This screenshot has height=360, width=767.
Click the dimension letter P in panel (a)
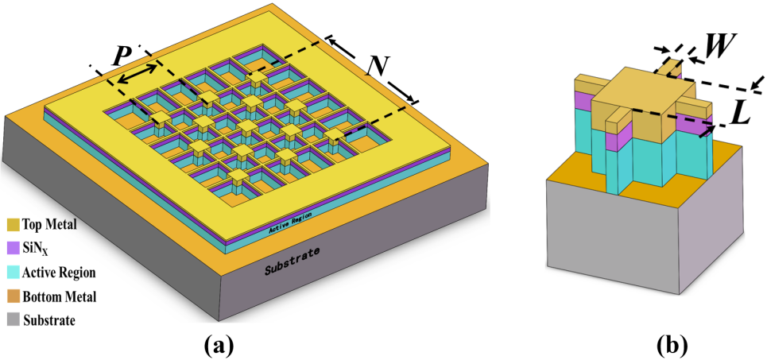click(122, 56)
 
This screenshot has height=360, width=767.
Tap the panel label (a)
click(219, 344)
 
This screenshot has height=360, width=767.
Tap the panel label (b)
click(672, 344)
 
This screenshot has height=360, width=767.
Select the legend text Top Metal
click(50, 225)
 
